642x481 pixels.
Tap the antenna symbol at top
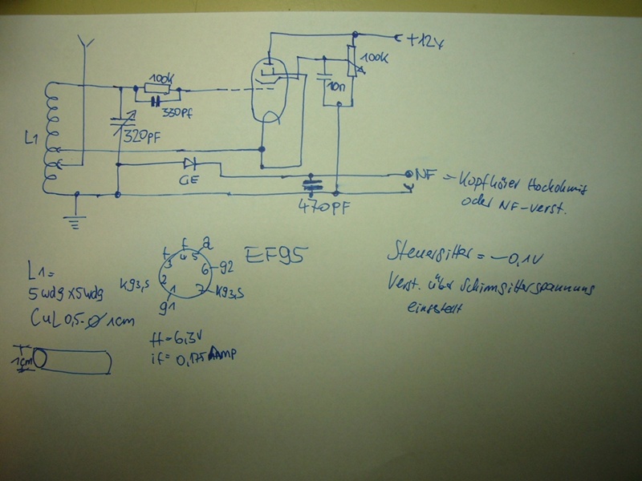(x=88, y=44)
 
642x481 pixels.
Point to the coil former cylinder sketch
(x=71, y=360)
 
